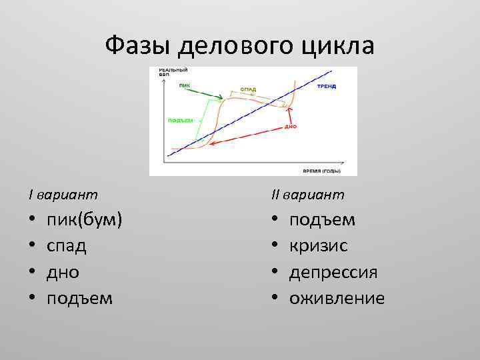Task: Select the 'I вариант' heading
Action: point(63,195)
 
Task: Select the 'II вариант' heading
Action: point(307,195)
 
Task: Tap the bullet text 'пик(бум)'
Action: point(84,220)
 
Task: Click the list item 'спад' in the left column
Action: point(66,246)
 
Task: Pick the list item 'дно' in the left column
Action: point(63,272)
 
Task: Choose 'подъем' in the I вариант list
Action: point(79,298)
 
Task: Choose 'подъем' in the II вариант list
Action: point(322,220)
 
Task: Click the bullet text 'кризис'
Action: point(318,246)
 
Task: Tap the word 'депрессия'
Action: point(333,272)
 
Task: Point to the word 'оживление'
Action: point(337,298)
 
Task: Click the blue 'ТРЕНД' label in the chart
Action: point(326,87)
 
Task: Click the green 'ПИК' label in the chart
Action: point(184,85)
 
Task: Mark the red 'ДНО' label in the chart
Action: point(291,126)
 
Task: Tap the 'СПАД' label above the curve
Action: point(247,89)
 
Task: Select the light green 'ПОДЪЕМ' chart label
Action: point(180,121)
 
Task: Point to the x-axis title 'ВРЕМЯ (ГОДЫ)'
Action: point(321,171)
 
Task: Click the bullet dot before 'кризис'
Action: point(275,247)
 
